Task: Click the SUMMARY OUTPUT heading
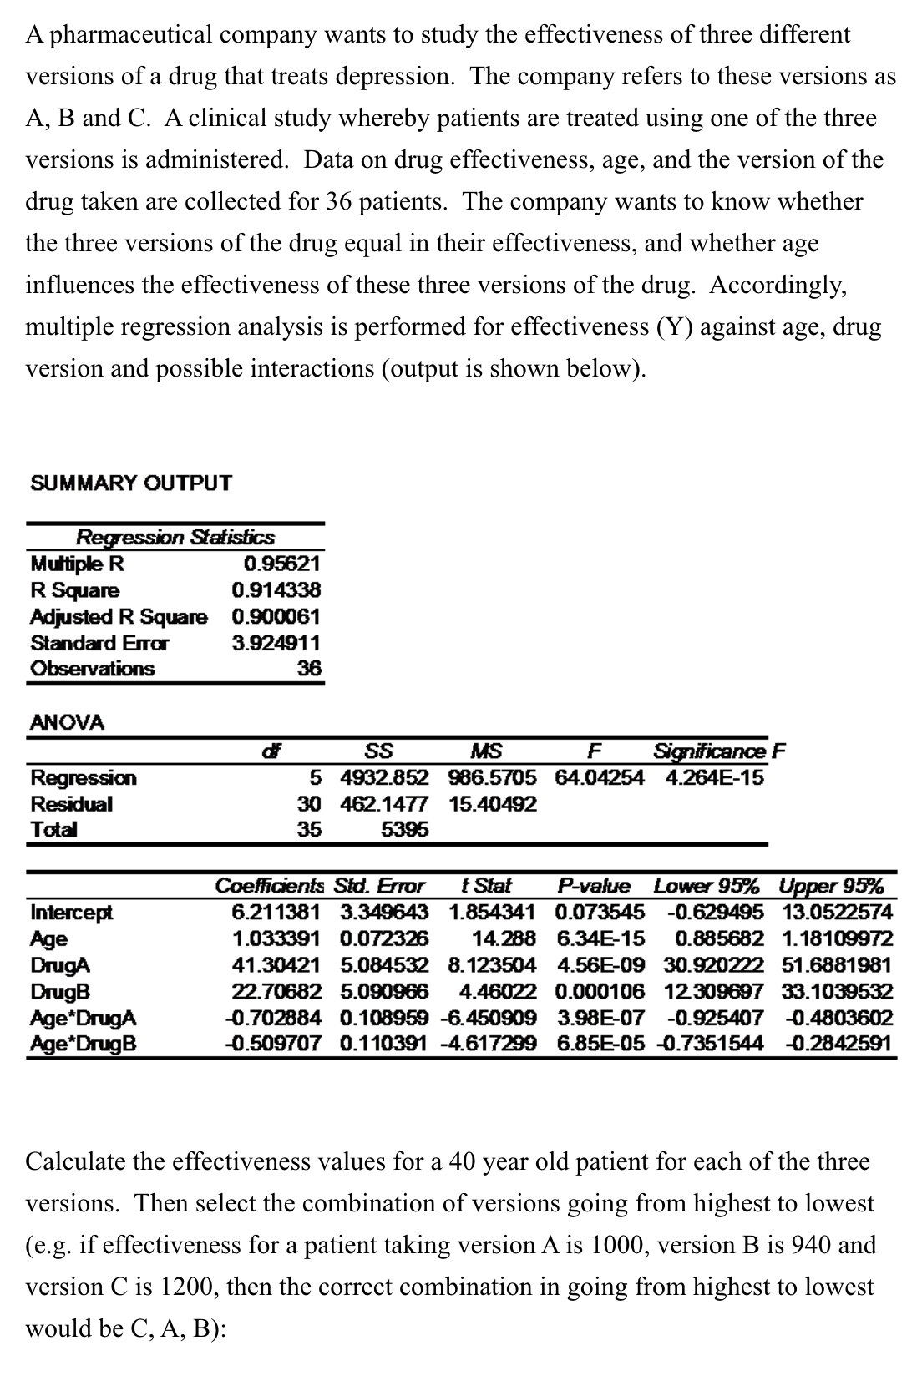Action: [x=130, y=483]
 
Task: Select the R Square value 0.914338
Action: [x=276, y=590]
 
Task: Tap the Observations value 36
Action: [x=310, y=669]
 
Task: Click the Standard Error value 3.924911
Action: [x=276, y=643]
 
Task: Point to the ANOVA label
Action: [x=68, y=722]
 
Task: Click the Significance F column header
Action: [x=719, y=751]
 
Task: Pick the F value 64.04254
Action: [x=599, y=778]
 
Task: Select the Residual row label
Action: [x=72, y=804]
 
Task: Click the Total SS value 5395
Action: [x=404, y=830]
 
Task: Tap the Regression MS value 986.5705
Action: [x=492, y=778]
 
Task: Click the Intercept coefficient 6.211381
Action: [x=276, y=912]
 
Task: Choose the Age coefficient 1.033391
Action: [x=276, y=938]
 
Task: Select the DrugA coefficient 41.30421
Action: [x=276, y=965]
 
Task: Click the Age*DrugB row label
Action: [x=84, y=1044]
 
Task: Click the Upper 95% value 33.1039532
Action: [x=837, y=992]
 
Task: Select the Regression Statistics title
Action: [x=175, y=537]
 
